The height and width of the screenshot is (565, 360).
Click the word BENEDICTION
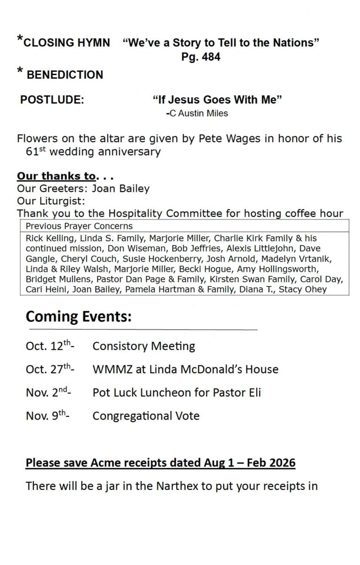pyautogui.click(x=65, y=75)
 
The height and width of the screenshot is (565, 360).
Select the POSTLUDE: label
pyautogui.click(x=52, y=100)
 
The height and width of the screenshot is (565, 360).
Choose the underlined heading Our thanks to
pyautogui.click(x=56, y=176)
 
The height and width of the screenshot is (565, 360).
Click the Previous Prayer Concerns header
pyautogui.click(x=79, y=226)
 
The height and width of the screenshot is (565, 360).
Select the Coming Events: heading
pyautogui.click(x=78, y=316)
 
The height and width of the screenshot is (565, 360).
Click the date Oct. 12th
pyautogui.click(x=49, y=346)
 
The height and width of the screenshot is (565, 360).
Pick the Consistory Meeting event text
pyautogui.click(x=143, y=347)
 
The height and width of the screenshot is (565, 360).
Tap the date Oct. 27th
pyautogui.click(x=49, y=369)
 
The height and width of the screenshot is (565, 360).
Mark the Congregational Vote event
pyautogui.click(x=146, y=416)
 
